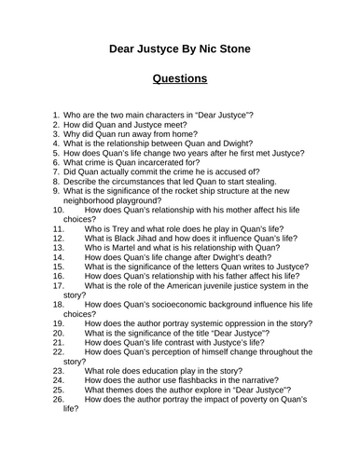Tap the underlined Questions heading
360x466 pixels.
tap(180, 78)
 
